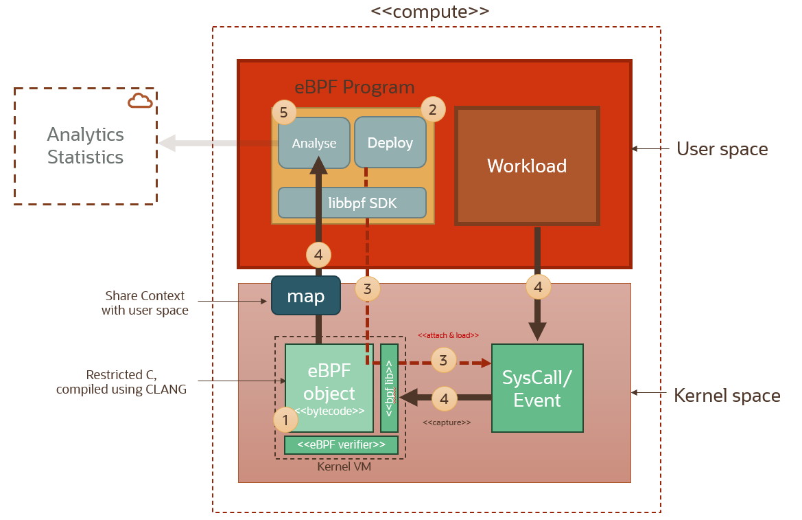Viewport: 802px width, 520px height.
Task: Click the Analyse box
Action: click(x=314, y=143)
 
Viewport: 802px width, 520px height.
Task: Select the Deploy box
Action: click(x=390, y=142)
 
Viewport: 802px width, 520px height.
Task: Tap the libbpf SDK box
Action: click(x=352, y=203)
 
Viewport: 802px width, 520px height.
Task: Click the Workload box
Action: click(x=527, y=166)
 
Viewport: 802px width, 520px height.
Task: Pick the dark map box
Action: click(x=306, y=295)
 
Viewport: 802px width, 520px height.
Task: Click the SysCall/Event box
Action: click(x=537, y=388)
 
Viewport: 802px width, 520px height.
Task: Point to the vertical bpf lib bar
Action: click(x=389, y=388)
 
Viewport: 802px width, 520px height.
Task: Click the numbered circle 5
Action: click(x=284, y=113)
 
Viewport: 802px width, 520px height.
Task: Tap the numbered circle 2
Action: click(x=432, y=109)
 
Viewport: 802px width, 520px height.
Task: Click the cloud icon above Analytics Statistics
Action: click(x=140, y=101)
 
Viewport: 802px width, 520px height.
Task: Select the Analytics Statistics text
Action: click(x=85, y=146)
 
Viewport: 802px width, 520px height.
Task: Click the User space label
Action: click(x=722, y=148)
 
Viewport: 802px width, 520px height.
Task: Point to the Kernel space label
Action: click(x=727, y=396)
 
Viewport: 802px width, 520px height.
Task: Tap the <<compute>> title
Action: click(x=430, y=11)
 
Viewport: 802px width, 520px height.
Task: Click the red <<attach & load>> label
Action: click(x=448, y=335)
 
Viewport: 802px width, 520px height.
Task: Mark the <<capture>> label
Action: click(x=447, y=422)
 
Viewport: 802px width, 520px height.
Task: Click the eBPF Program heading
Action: click(x=355, y=87)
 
